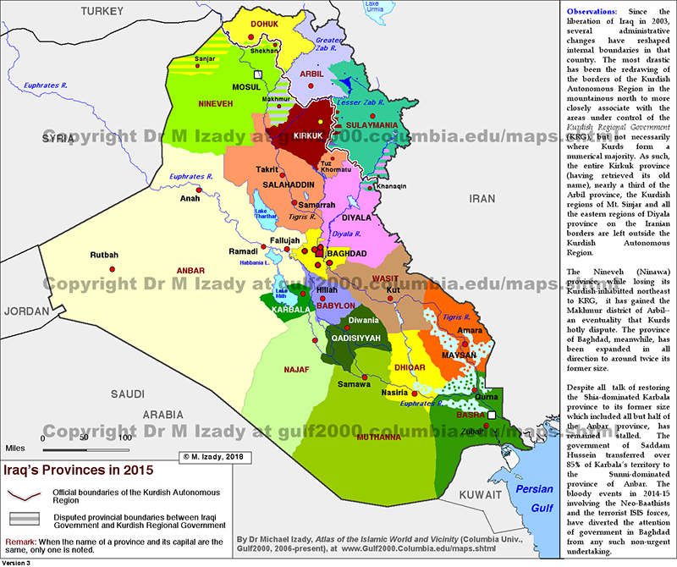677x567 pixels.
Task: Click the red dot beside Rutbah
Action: click(x=111, y=270)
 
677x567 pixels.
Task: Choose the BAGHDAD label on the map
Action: click(x=347, y=253)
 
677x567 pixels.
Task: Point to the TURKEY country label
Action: click(x=102, y=11)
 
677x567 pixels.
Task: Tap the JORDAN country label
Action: click(x=25, y=311)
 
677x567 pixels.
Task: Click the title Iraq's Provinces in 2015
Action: click(x=64, y=466)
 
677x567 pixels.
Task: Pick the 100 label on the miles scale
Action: click(x=124, y=438)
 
